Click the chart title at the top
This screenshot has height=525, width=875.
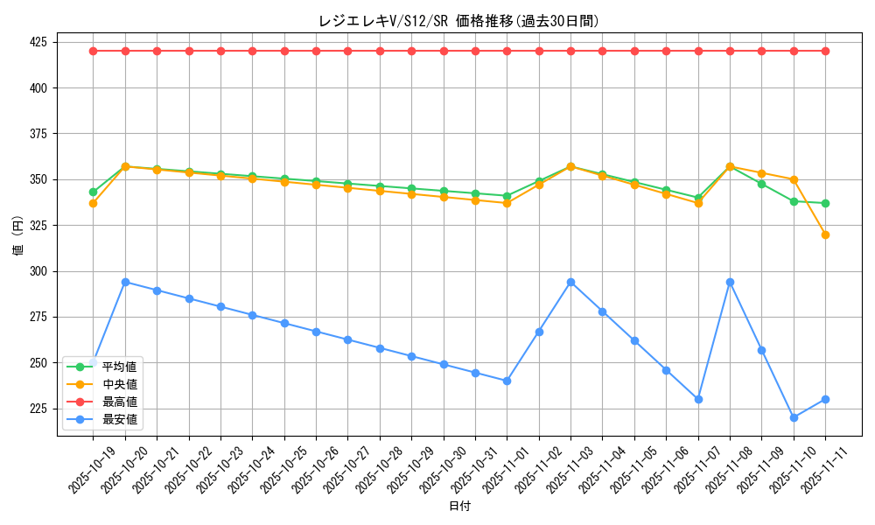tap(458, 21)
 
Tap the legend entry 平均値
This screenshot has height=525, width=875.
tap(119, 367)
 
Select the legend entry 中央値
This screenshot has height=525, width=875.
tap(119, 384)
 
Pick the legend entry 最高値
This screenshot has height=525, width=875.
tap(119, 402)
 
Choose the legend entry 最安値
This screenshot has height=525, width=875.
tap(119, 419)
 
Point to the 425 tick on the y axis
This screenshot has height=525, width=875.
tap(38, 42)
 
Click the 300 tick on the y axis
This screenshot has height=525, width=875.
tap(38, 271)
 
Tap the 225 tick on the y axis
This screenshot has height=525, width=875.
tap(38, 409)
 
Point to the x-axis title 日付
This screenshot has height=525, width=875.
tap(459, 507)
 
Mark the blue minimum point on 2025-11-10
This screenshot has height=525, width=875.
tap(794, 417)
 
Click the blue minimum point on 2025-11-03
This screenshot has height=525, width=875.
tap(570, 282)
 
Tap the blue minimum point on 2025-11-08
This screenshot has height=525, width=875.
tap(730, 282)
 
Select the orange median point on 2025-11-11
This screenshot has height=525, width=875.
tap(825, 234)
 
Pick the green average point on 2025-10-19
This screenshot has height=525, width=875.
tap(93, 192)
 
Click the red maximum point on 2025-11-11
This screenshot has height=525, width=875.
tap(825, 51)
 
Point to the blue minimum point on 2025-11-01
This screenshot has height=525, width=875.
tap(507, 381)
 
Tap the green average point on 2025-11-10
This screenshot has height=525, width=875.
tap(794, 201)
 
